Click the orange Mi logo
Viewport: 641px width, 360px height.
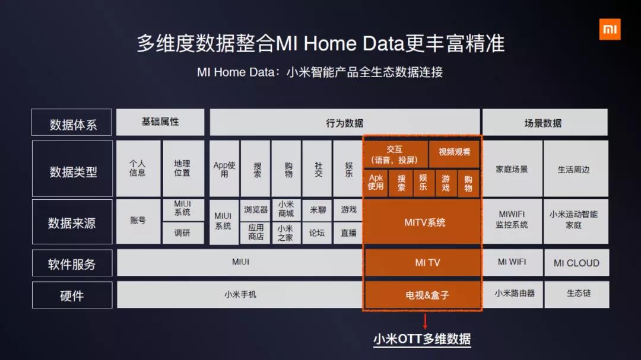tap(610, 30)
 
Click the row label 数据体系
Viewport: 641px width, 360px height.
tap(72, 122)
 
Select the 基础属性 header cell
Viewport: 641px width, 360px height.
tap(160, 122)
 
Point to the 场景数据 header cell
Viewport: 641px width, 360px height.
tap(544, 122)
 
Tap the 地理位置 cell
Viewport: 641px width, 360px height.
tap(183, 168)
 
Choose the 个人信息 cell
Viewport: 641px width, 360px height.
tap(138, 168)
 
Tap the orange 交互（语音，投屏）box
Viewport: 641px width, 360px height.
tap(395, 154)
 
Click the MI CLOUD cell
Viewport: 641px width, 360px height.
tap(576, 263)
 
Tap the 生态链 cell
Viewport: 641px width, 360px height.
tap(576, 294)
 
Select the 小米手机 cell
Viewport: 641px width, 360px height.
tap(240, 294)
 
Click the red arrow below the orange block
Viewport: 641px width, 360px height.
tap(425, 321)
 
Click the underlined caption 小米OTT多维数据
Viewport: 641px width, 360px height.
tap(422, 339)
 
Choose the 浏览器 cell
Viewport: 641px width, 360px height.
tap(255, 209)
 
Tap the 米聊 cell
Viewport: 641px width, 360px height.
tap(317, 209)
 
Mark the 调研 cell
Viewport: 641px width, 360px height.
tap(183, 233)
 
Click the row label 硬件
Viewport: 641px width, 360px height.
tap(72, 295)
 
